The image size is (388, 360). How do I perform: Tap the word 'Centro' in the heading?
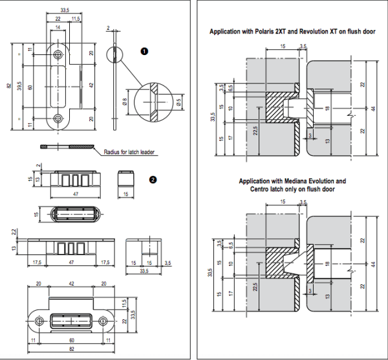pos(259,188)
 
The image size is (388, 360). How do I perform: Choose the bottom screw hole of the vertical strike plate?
pos(59,118)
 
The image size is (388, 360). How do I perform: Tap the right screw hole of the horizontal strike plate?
pos(103,321)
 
